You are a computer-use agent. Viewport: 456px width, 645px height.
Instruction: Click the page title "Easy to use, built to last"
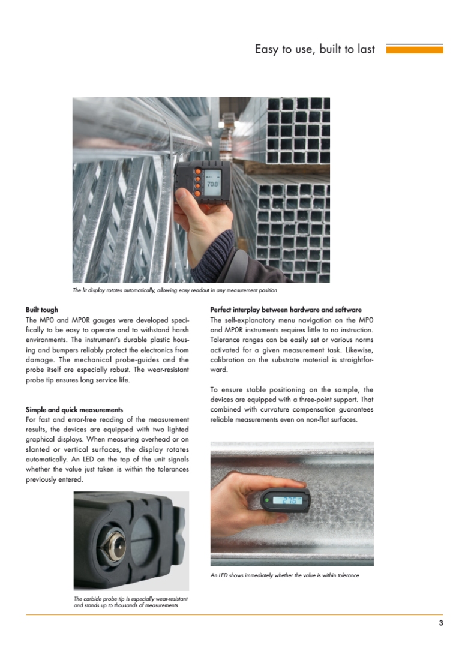click(x=314, y=49)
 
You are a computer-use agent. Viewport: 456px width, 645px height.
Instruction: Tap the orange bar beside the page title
click(x=414, y=49)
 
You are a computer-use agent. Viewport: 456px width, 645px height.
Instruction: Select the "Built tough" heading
click(x=42, y=310)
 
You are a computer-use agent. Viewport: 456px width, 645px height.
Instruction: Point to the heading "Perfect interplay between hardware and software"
click(x=286, y=310)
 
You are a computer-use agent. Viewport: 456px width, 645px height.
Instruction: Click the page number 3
click(x=441, y=623)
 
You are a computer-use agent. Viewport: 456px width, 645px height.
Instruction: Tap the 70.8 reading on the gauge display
click(x=212, y=184)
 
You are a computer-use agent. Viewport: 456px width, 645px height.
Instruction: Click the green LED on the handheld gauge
click(x=266, y=499)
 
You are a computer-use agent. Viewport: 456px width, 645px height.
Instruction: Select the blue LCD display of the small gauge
click(x=287, y=500)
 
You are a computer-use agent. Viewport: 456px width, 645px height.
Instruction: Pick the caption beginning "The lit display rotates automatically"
click(x=175, y=290)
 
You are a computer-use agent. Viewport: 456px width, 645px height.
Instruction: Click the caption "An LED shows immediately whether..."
click(x=284, y=575)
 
